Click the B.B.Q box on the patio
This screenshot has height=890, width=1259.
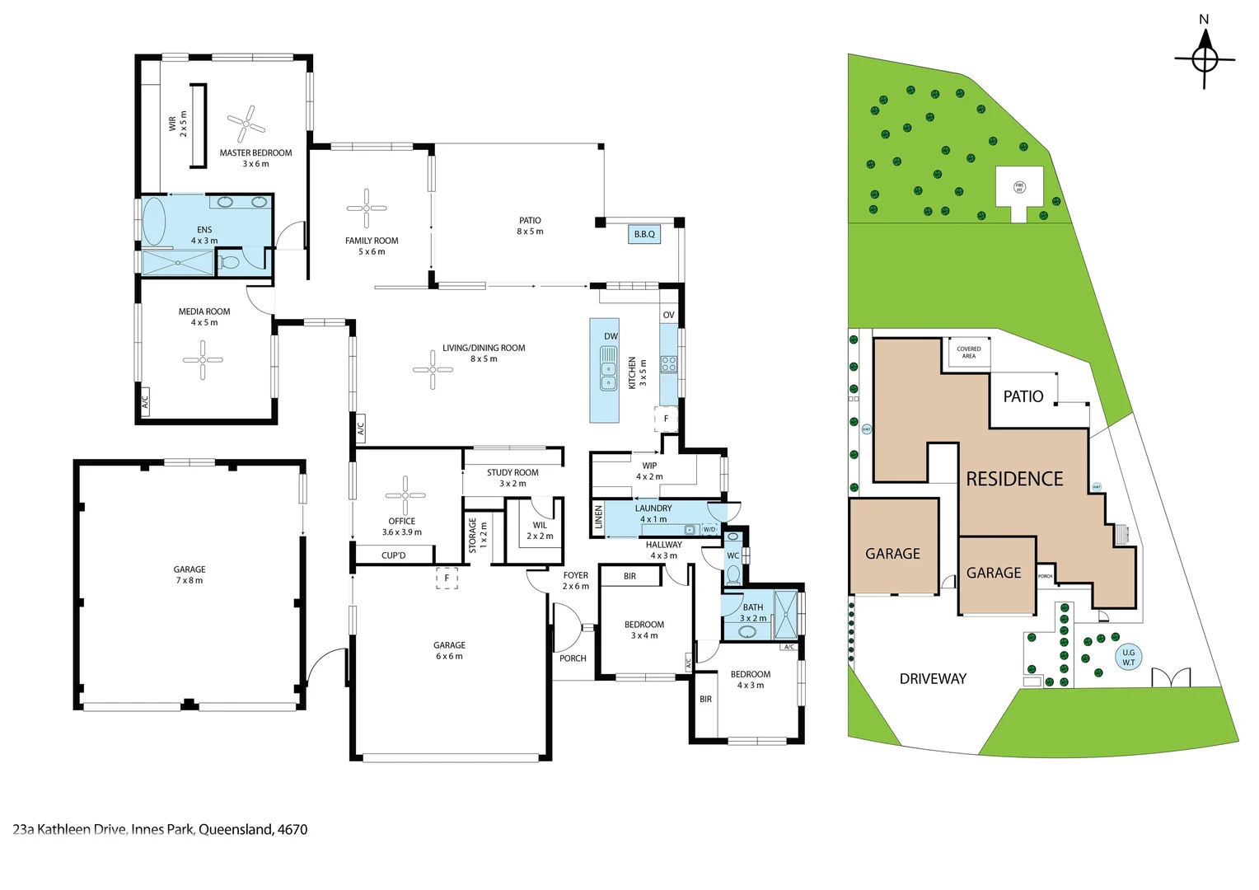point(644,234)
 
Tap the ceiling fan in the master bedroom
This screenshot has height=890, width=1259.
point(246,124)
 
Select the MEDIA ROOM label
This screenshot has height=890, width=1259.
point(204,311)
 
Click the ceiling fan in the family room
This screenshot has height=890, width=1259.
point(367,208)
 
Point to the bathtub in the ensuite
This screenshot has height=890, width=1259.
point(154,221)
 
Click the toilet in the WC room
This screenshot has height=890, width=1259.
point(733,573)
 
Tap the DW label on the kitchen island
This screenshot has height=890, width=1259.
point(611,336)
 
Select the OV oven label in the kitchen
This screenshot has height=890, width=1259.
point(668,315)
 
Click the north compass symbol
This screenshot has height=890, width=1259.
point(1205,58)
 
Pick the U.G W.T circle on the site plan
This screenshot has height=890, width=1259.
point(1128,657)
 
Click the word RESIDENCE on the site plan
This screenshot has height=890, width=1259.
point(1014,479)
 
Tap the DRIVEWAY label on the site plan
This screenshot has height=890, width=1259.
point(933,679)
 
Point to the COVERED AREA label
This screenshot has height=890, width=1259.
point(969,353)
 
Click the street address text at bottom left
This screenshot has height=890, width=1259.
point(160,829)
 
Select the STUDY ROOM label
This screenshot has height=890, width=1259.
point(512,473)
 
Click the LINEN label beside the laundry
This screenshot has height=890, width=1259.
point(599,518)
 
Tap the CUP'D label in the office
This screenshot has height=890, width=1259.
point(394,555)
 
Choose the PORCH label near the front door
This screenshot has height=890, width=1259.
point(573,658)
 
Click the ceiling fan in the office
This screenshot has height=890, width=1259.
point(405,495)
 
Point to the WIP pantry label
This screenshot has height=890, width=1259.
point(649,466)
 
